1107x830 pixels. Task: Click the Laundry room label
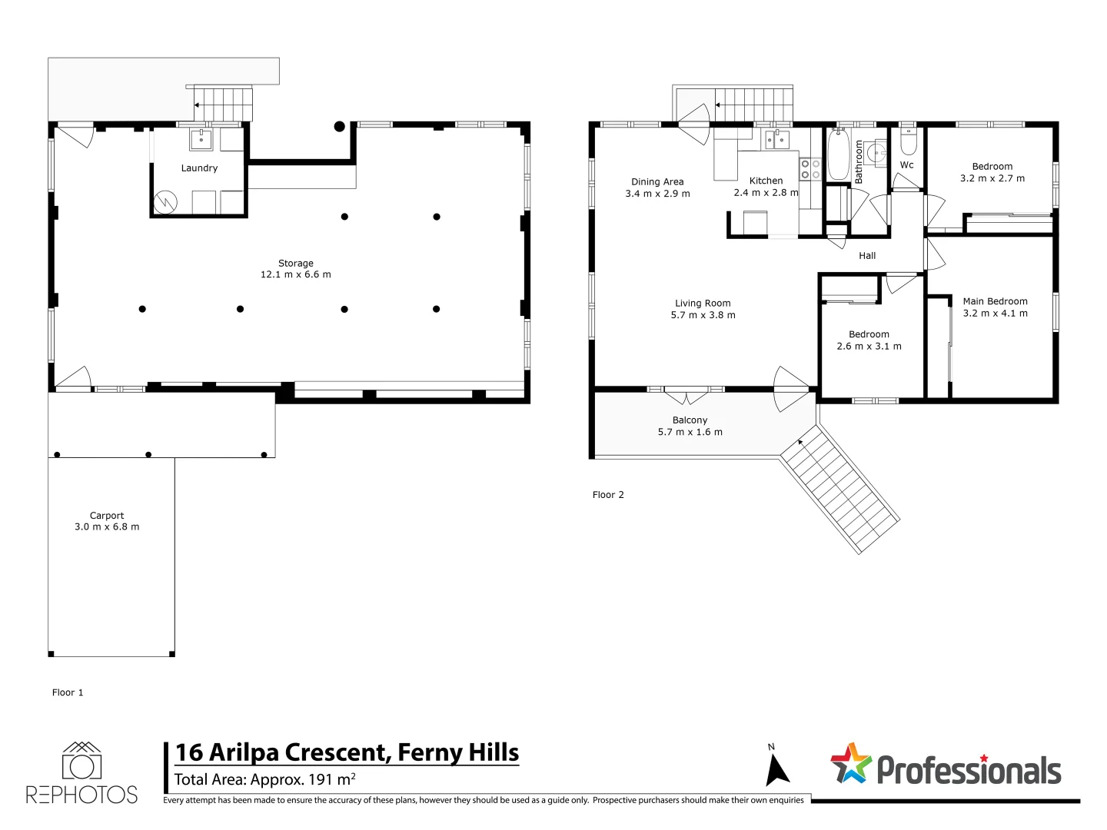coord(199,168)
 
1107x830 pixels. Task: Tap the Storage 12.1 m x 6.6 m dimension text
coord(295,274)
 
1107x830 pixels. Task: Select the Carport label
coord(106,516)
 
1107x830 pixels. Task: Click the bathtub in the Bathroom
coord(838,154)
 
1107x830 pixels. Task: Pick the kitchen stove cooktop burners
coord(810,169)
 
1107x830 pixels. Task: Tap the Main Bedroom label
coord(995,301)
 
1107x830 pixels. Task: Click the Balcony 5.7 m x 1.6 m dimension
coord(690,432)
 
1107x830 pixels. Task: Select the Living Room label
coord(703,304)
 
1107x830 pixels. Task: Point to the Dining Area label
coord(657,182)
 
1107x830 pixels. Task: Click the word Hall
coord(867,256)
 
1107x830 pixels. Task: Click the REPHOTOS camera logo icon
coord(81,761)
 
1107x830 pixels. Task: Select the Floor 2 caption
coord(608,495)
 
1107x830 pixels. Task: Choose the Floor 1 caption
coord(67,692)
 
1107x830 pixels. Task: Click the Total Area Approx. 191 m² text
coord(264,779)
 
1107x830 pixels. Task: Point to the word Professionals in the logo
coord(969,771)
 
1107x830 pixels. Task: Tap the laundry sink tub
coord(201,139)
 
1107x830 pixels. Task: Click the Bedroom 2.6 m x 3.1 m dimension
coord(869,346)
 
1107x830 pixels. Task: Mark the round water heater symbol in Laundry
coord(165,203)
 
